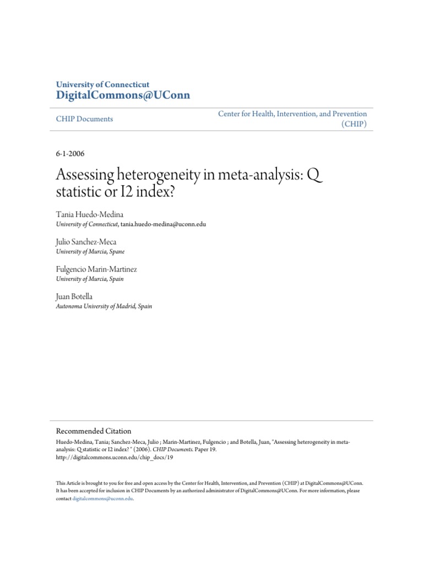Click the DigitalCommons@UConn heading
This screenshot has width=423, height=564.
pos(123,95)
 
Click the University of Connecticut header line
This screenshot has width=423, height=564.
pos(102,84)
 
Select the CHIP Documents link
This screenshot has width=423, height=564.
pos(84,119)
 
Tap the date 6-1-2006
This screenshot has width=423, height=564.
pos(70,154)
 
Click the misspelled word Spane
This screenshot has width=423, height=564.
pos(117,252)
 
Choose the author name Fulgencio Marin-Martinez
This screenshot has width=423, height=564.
pos(96,270)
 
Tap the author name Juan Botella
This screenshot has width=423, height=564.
pos(75,297)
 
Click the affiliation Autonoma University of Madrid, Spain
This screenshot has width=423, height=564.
pos(104,306)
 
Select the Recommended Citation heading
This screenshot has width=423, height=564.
pos(94,431)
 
